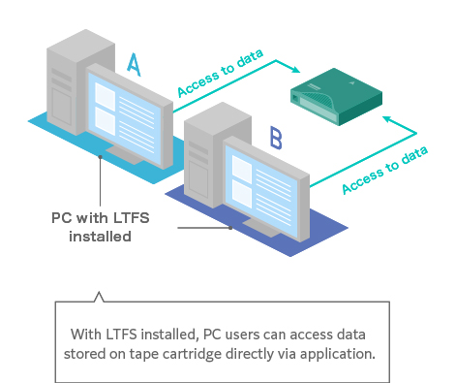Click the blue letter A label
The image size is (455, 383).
pyautogui.click(x=134, y=64)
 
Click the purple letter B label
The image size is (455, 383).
pyautogui.click(x=276, y=139)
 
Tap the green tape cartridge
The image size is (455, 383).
pyautogui.click(x=336, y=96)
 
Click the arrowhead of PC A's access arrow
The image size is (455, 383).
pyautogui.click(x=295, y=69)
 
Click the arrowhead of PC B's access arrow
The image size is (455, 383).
pyautogui.click(x=388, y=119)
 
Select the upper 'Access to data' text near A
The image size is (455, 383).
pyautogui.click(x=220, y=73)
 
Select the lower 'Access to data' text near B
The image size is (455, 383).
pyautogui.click(x=384, y=170)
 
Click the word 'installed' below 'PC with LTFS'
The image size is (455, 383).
pyautogui.click(x=100, y=237)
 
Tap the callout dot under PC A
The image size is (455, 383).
pyautogui.click(x=101, y=157)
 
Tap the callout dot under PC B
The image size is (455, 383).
pyautogui.click(x=230, y=228)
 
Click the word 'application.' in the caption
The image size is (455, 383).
pyautogui.click(x=338, y=355)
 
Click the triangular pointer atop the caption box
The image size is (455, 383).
pyautogui.click(x=99, y=297)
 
